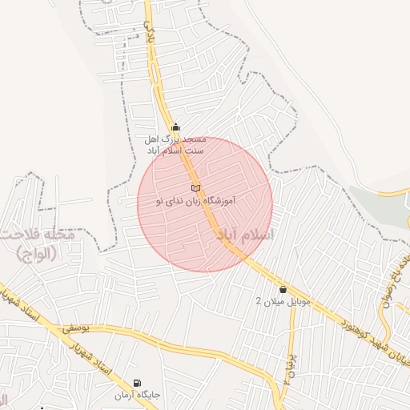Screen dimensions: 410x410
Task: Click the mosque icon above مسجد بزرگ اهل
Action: click(x=176, y=127)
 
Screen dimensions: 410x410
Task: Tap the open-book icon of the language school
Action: click(x=195, y=187)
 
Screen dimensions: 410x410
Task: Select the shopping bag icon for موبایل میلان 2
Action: click(x=283, y=289)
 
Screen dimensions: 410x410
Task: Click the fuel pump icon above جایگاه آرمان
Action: click(x=137, y=384)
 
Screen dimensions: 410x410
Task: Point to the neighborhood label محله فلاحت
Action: click(x=38, y=238)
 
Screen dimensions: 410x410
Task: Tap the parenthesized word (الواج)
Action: click(x=38, y=255)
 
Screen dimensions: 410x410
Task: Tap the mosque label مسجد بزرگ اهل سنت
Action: click(x=175, y=144)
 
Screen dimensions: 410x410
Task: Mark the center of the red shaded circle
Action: click(x=205, y=204)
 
